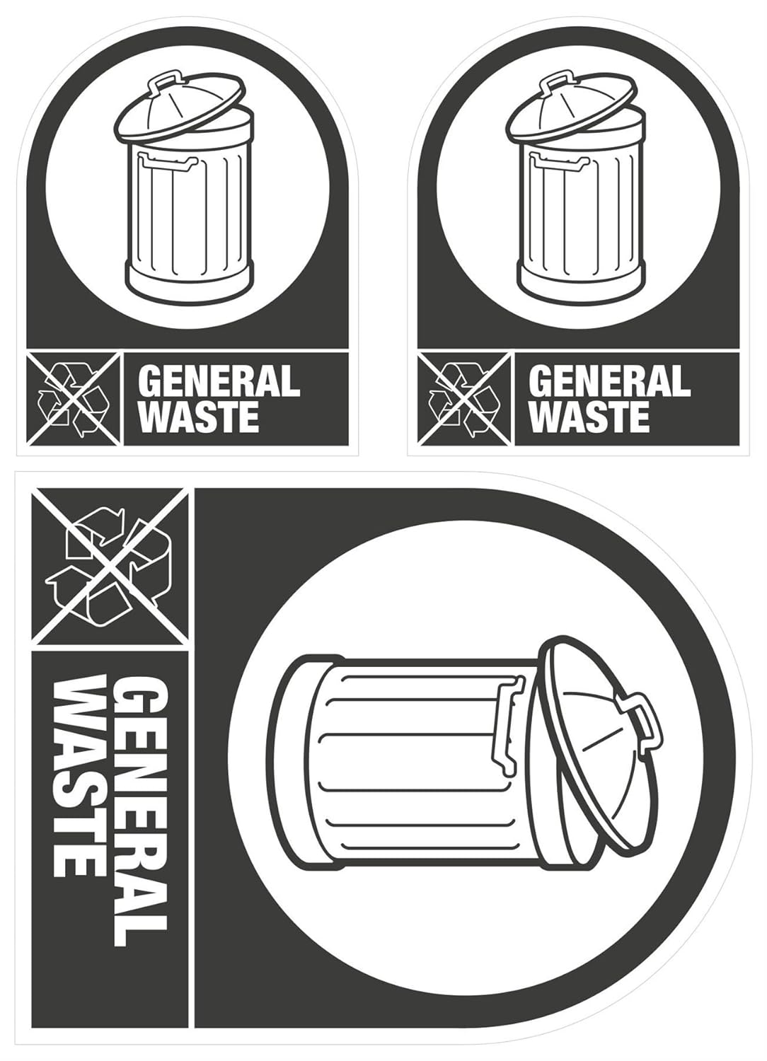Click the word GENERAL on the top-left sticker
click(219, 382)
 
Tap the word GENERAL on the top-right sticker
click(609, 382)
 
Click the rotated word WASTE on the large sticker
click(76, 776)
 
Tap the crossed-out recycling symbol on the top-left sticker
click(74, 399)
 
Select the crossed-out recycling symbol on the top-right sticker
click(464, 399)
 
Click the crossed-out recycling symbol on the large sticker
click(110, 567)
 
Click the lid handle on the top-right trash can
click(555, 81)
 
